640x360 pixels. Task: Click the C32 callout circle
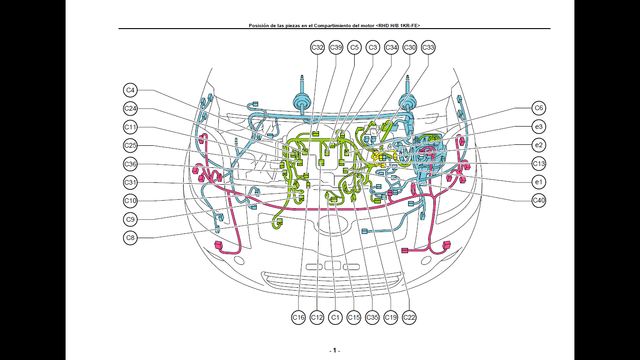318,47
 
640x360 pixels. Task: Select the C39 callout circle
336,47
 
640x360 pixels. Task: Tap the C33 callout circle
428,47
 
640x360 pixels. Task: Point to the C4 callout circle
130,90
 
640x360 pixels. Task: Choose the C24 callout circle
130,109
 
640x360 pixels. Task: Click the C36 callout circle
130,164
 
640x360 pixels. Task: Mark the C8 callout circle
130,238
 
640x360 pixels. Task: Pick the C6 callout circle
539,108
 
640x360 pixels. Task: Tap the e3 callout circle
539,127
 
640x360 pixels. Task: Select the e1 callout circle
539,182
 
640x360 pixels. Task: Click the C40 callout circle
539,201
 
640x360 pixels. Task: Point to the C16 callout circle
298,317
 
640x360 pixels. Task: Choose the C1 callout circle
335,317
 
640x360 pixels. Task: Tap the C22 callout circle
409,317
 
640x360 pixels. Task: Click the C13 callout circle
539,164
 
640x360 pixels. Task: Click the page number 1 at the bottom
335,351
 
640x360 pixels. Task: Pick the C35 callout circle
372,317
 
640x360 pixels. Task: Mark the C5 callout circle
354,47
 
